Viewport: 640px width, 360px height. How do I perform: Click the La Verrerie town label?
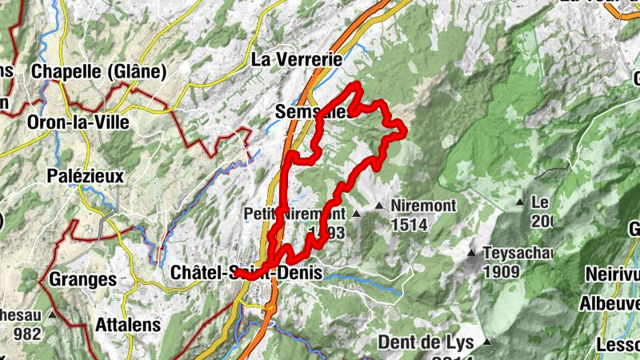pyautogui.click(x=297, y=59)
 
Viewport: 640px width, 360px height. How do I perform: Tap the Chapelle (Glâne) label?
pyautogui.click(x=98, y=71)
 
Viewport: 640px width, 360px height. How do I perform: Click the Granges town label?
pyautogui.click(x=82, y=279)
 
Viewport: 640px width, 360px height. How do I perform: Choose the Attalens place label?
pyautogui.click(x=128, y=326)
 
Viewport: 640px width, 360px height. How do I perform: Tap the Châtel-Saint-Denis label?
pyautogui.click(x=246, y=273)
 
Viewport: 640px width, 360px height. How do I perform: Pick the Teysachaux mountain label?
pyautogui.click(x=518, y=254)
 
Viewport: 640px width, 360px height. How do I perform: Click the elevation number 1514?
pyautogui.click(x=409, y=226)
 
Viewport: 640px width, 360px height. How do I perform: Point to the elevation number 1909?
pyautogui.click(x=502, y=272)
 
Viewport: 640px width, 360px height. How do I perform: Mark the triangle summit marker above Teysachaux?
pyautogui.click(x=472, y=254)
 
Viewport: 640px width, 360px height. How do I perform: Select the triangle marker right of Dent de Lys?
pyautogui.click(x=486, y=343)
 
